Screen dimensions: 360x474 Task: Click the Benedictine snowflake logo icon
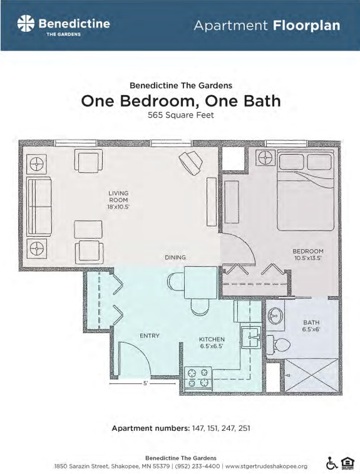(x=26, y=24)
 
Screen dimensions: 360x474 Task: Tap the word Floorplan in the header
(x=307, y=26)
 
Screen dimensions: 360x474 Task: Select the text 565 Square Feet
(x=181, y=115)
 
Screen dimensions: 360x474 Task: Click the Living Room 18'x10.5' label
(x=118, y=200)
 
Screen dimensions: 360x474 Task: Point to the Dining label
(x=175, y=257)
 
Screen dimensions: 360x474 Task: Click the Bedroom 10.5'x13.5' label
(x=308, y=255)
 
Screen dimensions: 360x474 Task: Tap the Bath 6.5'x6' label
(x=311, y=326)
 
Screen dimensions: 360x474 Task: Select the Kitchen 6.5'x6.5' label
(x=212, y=343)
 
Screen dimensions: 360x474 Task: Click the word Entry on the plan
(x=150, y=336)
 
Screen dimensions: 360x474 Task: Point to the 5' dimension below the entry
(x=145, y=383)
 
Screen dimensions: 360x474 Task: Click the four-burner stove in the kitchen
(x=198, y=378)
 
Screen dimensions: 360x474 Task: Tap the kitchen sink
(x=251, y=337)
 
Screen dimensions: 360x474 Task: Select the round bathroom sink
(x=275, y=316)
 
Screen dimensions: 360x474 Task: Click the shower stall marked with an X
(x=311, y=375)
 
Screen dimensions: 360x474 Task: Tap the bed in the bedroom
(x=306, y=190)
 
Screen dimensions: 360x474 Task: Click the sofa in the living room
(x=39, y=207)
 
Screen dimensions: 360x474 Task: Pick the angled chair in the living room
(x=191, y=163)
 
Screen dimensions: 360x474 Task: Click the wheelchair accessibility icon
(x=332, y=463)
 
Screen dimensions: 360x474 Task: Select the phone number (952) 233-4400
(x=197, y=466)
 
